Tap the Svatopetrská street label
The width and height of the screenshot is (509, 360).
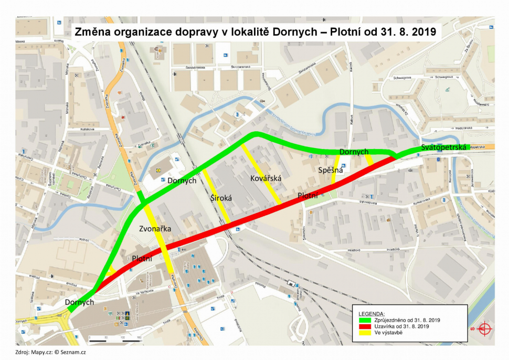point(443,148)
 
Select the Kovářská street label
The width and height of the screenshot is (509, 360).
point(266,178)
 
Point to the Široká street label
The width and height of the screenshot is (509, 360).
point(221,198)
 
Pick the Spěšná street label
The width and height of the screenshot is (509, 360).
point(330,170)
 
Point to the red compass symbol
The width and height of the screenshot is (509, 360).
point(483,329)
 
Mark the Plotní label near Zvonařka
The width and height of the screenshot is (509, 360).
point(142,258)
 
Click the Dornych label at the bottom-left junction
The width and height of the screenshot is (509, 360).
point(79,302)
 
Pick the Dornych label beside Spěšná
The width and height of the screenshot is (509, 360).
point(354,152)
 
